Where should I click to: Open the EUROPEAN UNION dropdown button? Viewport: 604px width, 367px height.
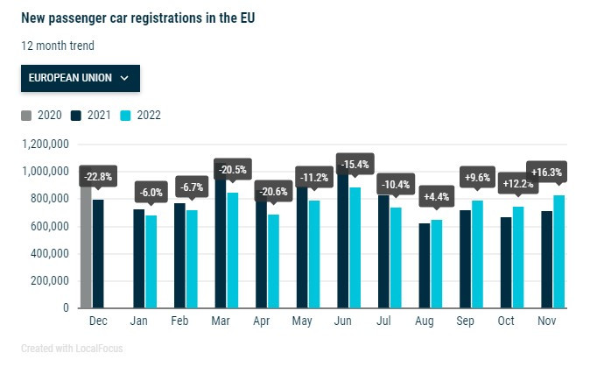pyautogui.click(x=80, y=78)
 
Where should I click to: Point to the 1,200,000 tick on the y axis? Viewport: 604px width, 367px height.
pyautogui.click(x=46, y=144)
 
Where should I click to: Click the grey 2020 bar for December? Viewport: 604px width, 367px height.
pyautogui.click(x=86, y=254)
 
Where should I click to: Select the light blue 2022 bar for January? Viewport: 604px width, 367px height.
pyautogui.click(x=151, y=262)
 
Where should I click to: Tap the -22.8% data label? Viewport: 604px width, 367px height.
pyautogui.click(x=97, y=177)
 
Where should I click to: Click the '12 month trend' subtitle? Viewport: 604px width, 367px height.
pyautogui.click(x=58, y=46)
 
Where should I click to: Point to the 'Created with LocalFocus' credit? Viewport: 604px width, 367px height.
pyautogui.click(x=73, y=349)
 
